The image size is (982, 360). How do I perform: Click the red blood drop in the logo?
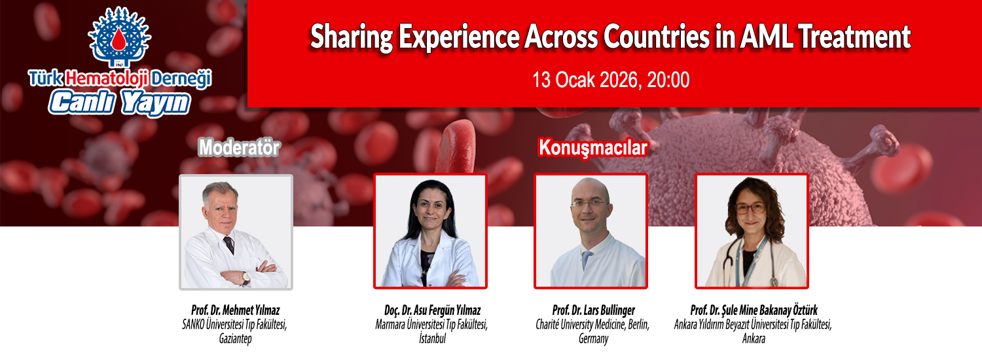tap(118, 39)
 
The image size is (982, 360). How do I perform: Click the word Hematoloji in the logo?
tap(107, 79)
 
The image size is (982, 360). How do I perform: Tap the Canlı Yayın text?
tap(119, 103)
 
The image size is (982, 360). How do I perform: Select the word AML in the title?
tap(767, 37)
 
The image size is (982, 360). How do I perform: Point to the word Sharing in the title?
tap(351, 38)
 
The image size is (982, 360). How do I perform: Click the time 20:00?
tap(668, 80)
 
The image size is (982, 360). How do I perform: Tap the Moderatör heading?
tap(239, 147)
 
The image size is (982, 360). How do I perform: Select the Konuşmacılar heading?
tap(592, 148)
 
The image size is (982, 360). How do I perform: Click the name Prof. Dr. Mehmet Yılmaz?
tap(236, 310)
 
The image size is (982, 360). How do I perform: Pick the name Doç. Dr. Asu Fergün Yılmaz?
tap(432, 310)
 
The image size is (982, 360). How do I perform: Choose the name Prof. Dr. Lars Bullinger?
tap(594, 310)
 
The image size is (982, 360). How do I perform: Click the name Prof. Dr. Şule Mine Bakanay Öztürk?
tap(754, 310)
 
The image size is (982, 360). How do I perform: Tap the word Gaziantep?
tap(236, 338)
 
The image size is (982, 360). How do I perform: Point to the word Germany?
tap(594, 338)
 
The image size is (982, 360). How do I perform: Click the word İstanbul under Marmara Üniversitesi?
tap(432, 338)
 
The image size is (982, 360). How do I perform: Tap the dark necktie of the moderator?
tap(229, 245)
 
